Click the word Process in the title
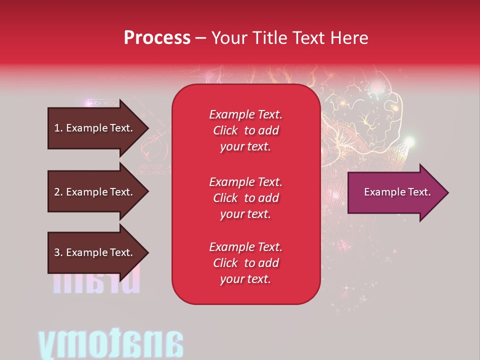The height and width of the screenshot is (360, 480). pos(157,38)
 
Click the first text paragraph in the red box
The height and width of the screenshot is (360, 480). pos(245,130)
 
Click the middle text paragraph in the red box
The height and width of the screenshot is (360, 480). pos(245,198)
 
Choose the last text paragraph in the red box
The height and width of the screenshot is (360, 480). pos(245,263)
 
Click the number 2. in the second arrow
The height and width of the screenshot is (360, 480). pos(58,192)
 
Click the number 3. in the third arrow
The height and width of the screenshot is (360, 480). pos(58,252)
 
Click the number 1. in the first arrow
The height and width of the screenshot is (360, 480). pos(58,128)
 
